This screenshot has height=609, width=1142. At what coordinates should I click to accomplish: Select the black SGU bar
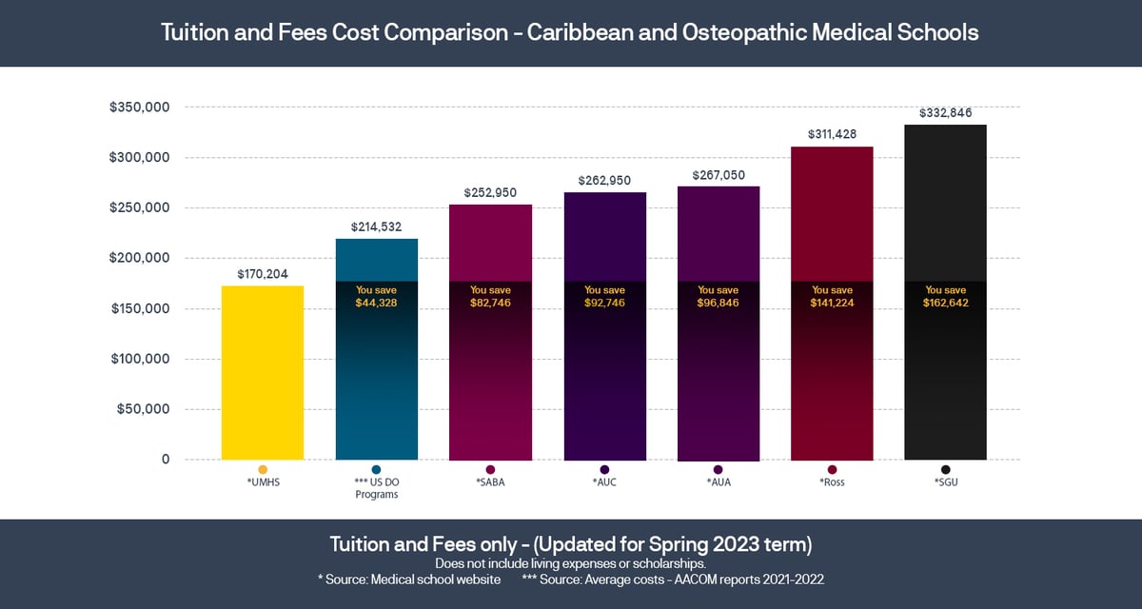(x=945, y=381)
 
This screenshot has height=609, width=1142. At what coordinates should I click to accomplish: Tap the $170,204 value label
(x=263, y=273)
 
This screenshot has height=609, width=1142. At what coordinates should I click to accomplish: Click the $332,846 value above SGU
(x=945, y=112)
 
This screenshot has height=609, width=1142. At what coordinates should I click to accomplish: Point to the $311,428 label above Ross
(x=832, y=134)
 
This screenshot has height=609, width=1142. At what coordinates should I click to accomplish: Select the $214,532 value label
(x=376, y=226)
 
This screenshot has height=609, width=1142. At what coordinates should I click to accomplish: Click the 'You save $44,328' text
(x=376, y=296)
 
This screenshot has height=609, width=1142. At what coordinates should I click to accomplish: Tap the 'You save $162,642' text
(x=945, y=296)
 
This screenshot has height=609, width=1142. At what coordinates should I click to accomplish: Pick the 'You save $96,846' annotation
(x=718, y=296)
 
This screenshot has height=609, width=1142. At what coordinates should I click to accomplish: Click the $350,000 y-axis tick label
(x=140, y=108)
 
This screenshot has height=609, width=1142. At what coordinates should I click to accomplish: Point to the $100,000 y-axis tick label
(x=140, y=359)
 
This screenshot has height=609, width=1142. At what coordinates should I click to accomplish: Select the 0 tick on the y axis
(x=165, y=460)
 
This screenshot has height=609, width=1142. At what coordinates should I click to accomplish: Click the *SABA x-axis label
(x=490, y=482)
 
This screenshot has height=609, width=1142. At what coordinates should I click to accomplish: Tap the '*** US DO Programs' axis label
(x=376, y=488)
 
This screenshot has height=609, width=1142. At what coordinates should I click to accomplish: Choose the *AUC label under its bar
(x=604, y=482)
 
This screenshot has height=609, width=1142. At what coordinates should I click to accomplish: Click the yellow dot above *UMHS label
(x=263, y=469)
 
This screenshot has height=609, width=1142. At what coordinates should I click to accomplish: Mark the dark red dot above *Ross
(x=832, y=469)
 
